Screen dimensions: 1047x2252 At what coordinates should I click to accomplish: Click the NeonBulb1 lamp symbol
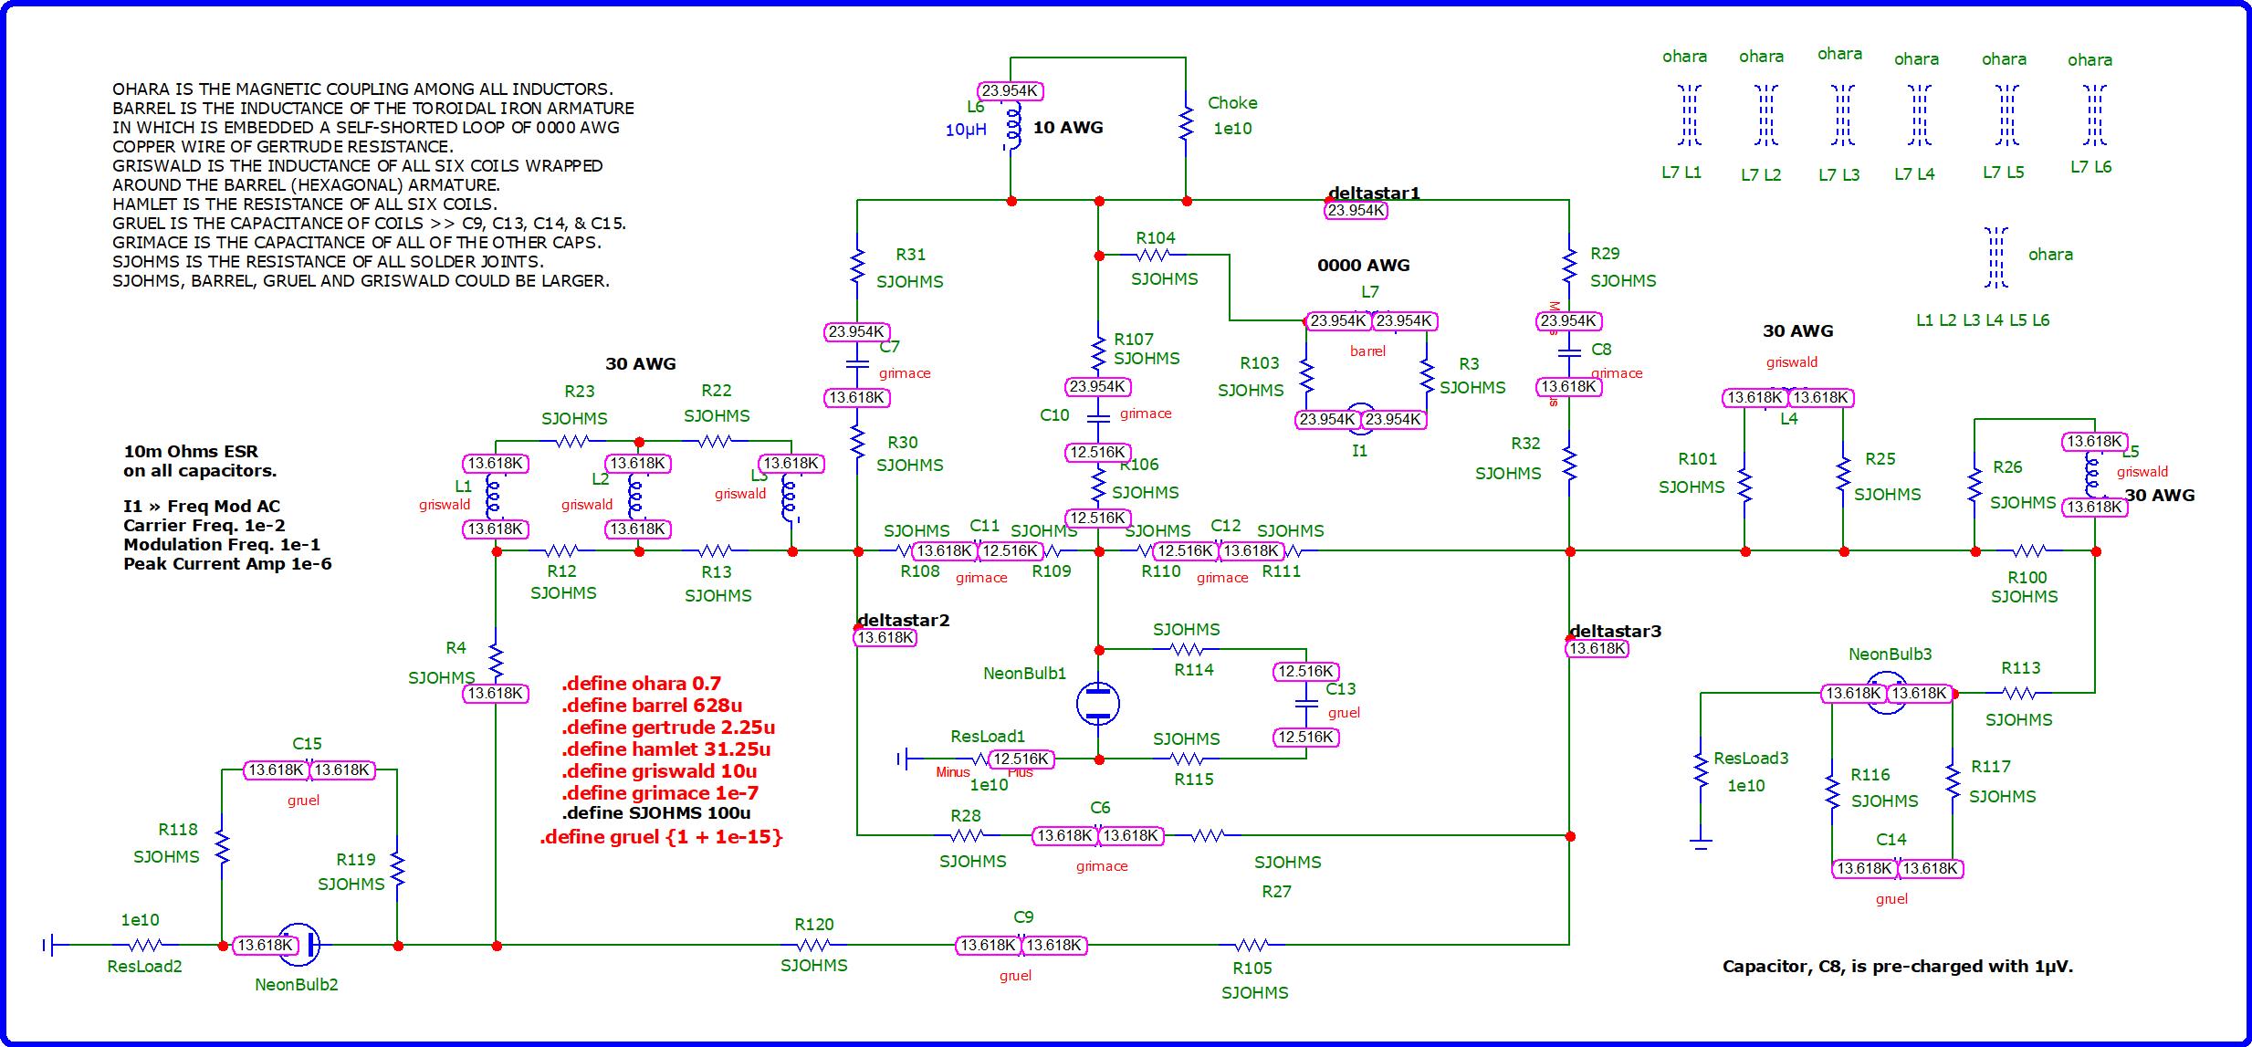point(1098,703)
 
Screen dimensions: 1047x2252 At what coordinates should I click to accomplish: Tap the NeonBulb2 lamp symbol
point(299,945)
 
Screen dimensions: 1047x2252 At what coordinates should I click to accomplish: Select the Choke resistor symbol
point(1186,124)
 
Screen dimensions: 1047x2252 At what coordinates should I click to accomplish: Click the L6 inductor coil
point(1011,128)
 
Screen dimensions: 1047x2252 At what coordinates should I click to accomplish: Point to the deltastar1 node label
point(1374,193)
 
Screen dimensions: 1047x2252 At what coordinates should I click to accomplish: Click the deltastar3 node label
point(1615,631)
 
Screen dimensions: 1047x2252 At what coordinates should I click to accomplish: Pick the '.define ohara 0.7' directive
point(641,684)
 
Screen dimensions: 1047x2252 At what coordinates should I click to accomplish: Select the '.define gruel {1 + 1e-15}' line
point(661,837)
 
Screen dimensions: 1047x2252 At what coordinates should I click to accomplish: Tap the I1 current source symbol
point(1361,419)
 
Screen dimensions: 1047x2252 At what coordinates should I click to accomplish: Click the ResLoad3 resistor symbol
point(1701,770)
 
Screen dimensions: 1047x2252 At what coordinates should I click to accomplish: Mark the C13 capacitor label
point(1340,689)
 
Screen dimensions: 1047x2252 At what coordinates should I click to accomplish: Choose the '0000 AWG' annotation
point(1363,266)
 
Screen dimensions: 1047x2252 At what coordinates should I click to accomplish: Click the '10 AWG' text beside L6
point(1067,128)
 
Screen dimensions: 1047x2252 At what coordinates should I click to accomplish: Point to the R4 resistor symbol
point(496,657)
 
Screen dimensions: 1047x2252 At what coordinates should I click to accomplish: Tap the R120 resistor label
point(814,924)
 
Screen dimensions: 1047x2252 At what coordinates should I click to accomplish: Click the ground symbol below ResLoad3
point(1700,843)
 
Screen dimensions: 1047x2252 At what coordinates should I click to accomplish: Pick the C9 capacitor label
point(1023,917)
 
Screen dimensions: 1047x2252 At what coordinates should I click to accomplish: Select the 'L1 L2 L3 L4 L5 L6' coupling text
point(1983,320)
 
